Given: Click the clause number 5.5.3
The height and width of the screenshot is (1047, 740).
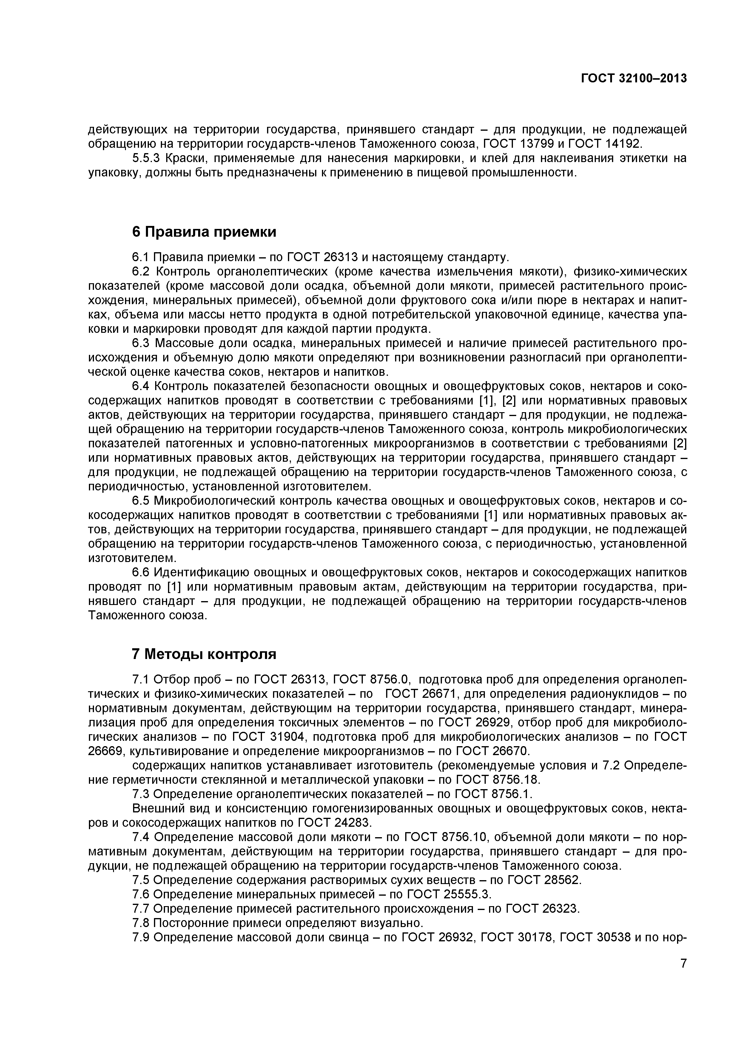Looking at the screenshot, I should (146, 159).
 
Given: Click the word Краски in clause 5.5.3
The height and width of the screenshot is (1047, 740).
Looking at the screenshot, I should (186, 159).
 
